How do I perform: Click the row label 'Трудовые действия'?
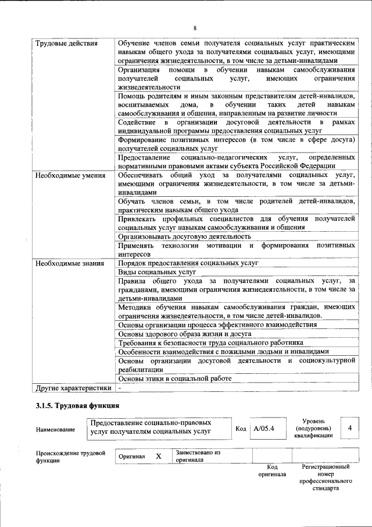click(x=66, y=44)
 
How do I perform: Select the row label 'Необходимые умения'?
click(x=70, y=175)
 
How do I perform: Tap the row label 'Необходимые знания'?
click(x=70, y=263)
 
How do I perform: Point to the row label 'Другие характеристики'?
click(x=73, y=387)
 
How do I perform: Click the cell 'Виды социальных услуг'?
click(x=157, y=272)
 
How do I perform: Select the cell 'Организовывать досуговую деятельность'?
click(x=184, y=237)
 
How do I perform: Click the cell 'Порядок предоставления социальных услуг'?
click(x=188, y=263)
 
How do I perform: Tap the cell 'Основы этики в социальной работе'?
click(x=174, y=379)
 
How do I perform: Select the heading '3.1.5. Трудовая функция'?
click(x=77, y=405)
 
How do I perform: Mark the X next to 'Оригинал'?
click(x=158, y=456)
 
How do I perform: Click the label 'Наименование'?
click(x=55, y=430)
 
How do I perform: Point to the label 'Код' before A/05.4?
click(x=241, y=429)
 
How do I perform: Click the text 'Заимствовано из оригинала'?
click(x=198, y=455)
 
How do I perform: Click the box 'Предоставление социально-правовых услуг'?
click(x=158, y=427)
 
